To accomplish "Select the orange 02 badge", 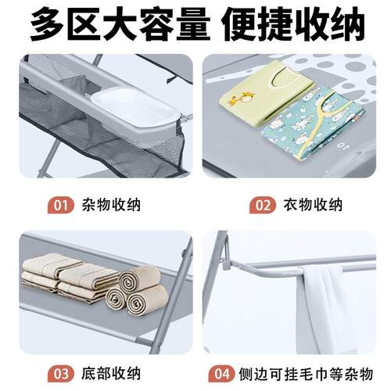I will point(264,206).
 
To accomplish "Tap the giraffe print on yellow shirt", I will point(235,98).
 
